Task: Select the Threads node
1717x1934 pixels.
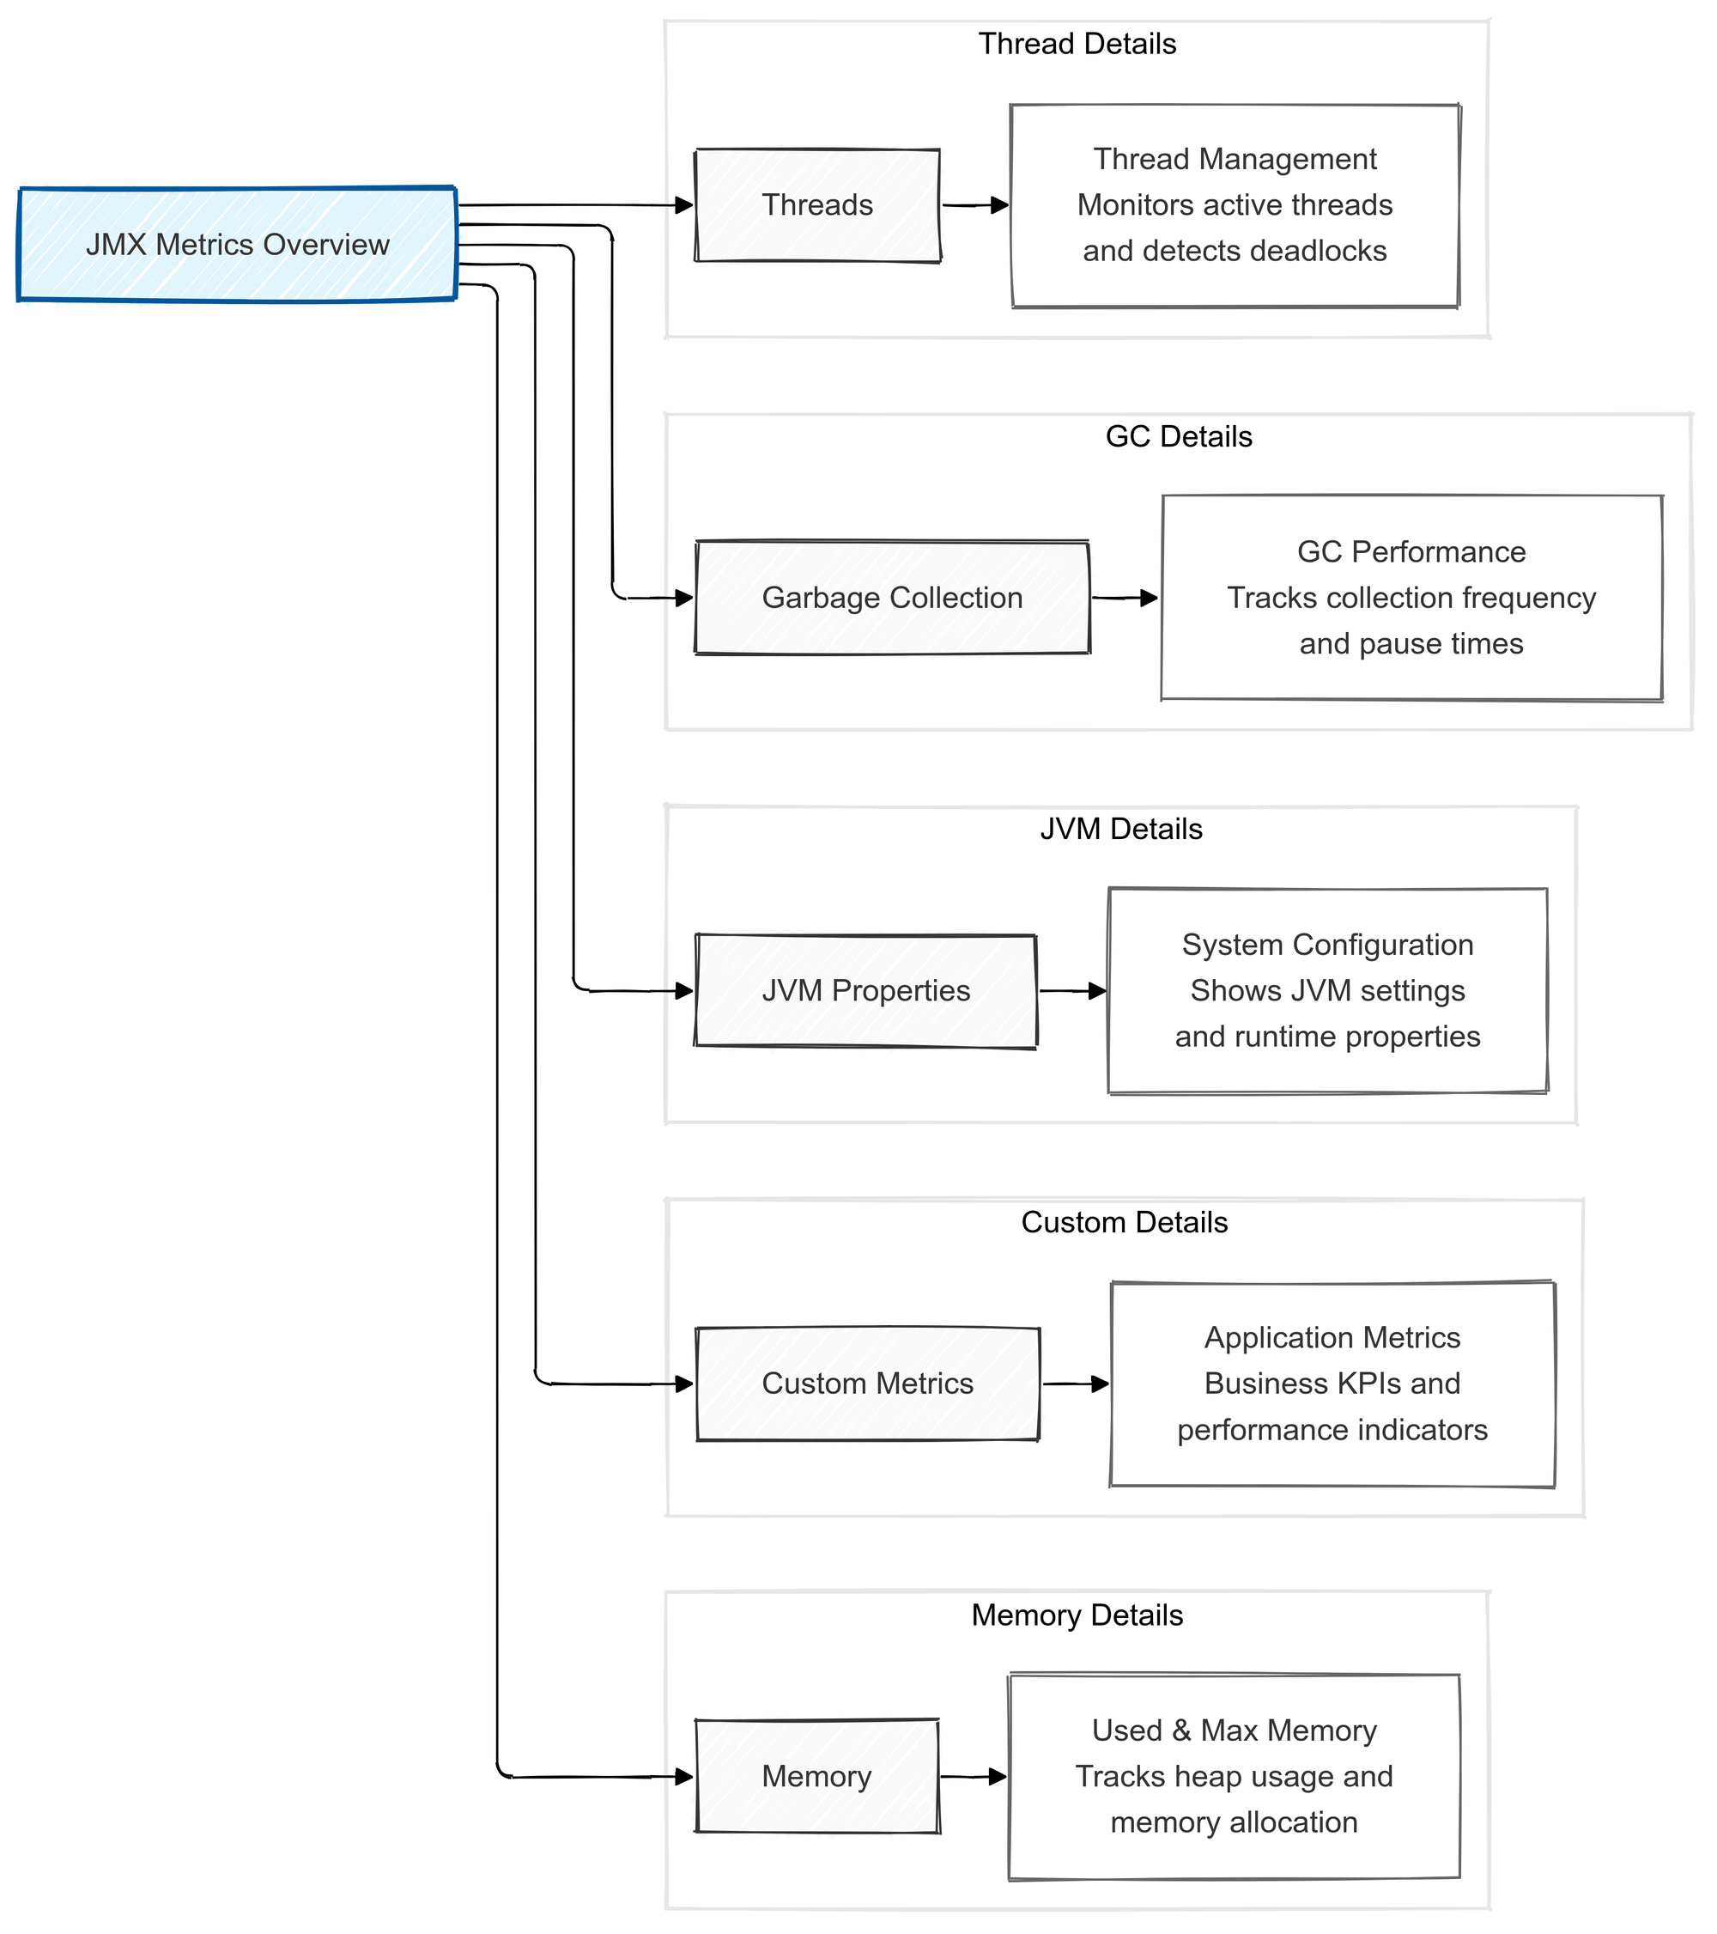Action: click(817, 205)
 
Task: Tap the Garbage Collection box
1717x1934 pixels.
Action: click(892, 598)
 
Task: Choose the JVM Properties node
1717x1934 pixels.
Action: click(865, 991)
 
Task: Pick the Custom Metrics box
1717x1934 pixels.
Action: click(867, 1384)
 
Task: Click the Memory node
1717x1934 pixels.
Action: click(816, 1776)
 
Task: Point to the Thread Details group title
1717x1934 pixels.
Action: click(1077, 45)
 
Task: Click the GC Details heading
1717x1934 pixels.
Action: click(1178, 437)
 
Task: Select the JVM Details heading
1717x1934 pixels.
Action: click(1121, 830)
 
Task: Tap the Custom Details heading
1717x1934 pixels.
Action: click(1124, 1222)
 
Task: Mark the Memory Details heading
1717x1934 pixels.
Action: click(1077, 1615)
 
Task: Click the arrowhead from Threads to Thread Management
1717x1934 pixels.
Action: click(999, 205)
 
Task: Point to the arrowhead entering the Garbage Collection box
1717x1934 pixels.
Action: click(684, 598)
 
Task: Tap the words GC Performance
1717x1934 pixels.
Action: click(1411, 552)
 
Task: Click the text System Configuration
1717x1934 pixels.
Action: click(1327, 946)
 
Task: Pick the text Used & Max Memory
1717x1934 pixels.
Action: click(1234, 1730)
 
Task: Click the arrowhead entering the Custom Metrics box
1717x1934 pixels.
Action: click(684, 1384)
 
